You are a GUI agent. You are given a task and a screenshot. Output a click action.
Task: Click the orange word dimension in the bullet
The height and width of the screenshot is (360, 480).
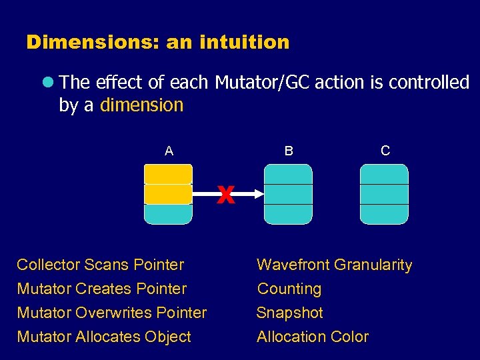[x=141, y=105]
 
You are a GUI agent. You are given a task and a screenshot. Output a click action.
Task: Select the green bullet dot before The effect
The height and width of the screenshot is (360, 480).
[x=47, y=83]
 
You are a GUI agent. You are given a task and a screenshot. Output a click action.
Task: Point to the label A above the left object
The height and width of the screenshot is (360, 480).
[x=169, y=151]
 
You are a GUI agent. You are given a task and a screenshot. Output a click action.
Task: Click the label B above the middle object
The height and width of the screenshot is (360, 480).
[x=288, y=151]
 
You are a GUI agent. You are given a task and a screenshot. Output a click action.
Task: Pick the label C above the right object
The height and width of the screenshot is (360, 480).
[x=385, y=151]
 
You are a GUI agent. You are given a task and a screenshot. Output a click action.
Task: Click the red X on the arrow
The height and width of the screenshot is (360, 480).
[x=226, y=195]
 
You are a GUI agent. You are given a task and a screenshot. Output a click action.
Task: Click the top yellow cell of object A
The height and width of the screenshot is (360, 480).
[x=168, y=174]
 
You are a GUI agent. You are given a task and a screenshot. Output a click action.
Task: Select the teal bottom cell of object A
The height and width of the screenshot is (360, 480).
[x=168, y=214]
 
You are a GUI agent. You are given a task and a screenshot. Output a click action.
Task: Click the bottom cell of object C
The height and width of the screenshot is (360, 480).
[x=384, y=214]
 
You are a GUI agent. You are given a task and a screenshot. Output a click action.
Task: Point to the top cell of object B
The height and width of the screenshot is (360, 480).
[x=288, y=174]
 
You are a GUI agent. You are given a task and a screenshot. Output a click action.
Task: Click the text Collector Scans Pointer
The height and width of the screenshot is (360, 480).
[x=100, y=265]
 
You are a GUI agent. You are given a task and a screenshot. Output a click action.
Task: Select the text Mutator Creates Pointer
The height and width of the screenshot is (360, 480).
[x=101, y=289]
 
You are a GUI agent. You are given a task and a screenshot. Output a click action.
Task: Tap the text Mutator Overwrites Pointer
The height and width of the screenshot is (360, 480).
[x=111, y=313]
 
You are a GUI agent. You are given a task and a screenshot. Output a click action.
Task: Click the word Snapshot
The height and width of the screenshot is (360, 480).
[x=290, y=313]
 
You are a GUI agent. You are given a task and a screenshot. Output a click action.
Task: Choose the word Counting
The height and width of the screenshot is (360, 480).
[x=289, y=289]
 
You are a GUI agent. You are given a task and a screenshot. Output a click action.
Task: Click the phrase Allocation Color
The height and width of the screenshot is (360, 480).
[x=313, y=337]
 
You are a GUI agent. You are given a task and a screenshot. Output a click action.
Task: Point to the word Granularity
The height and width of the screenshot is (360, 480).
[x=373, y=265]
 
